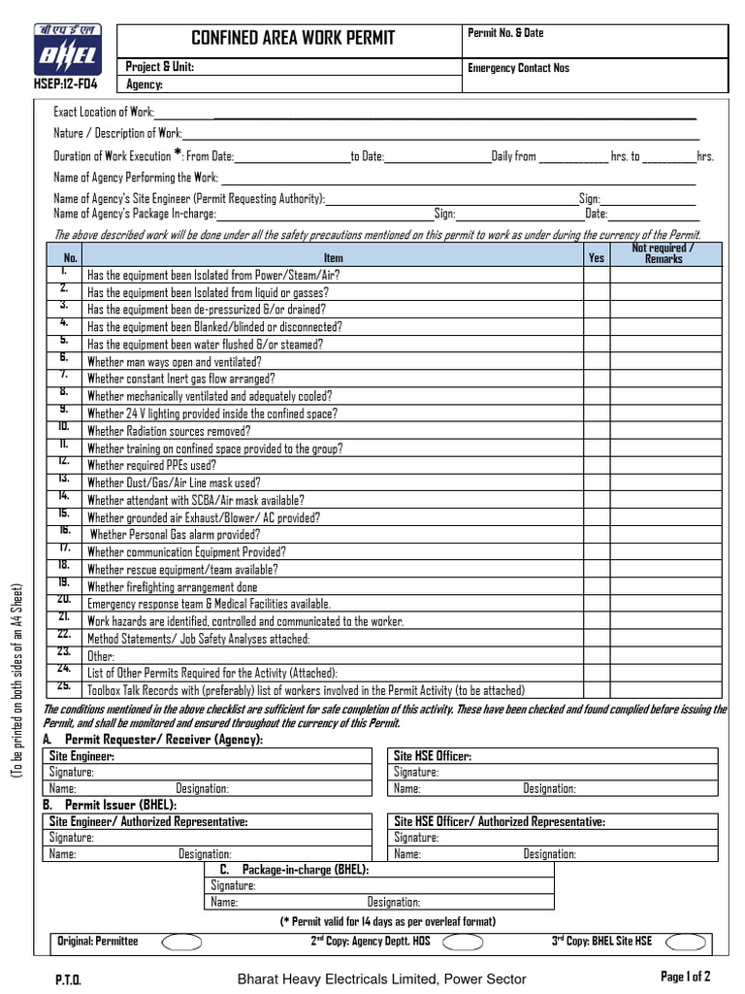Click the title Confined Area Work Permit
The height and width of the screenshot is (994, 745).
(293, 39)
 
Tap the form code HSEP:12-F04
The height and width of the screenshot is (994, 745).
(66, 83)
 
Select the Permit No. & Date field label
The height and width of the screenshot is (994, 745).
(505, 33)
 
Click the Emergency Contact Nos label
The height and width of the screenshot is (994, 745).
(518, 68)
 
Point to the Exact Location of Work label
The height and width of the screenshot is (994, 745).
(104, 113)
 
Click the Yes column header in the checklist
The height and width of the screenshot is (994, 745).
(596, 258)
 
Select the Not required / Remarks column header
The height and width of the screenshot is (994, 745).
(664, 253)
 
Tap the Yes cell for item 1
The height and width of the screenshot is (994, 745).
(596, 275)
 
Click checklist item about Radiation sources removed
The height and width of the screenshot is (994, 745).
(169, 431)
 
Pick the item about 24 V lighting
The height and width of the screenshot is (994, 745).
(212, 414)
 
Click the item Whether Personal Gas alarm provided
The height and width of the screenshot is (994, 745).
(175, 535)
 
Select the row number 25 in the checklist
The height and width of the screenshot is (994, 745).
(64, 687)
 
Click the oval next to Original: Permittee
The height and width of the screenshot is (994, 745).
(181, 942)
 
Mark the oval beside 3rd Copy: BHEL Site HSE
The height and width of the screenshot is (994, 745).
(686, 942)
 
